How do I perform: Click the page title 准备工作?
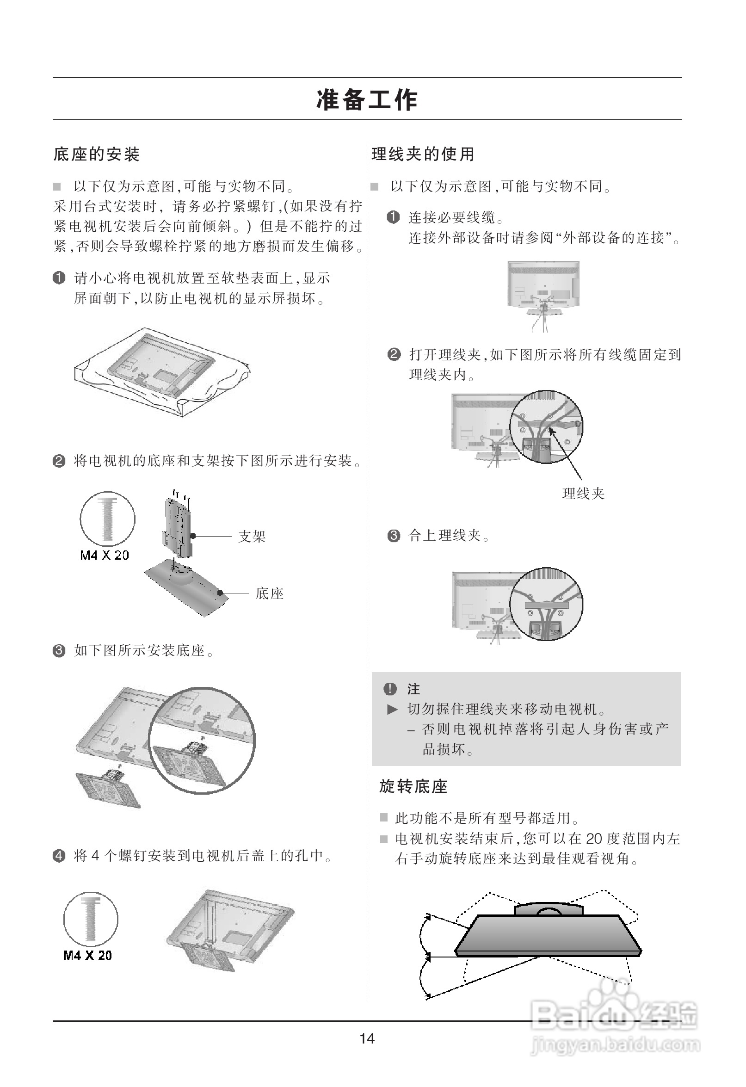pos(367,99)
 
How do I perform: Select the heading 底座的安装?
pos(96,154)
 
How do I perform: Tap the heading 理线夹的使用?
pos(423,154)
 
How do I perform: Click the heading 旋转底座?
pos(413,787)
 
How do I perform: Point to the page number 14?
pos(367,1038)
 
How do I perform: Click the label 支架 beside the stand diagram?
pos(252,537)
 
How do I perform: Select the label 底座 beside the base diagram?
pos(270,594)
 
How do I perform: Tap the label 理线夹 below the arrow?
pos(583,494)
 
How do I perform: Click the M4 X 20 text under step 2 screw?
pos(105,555)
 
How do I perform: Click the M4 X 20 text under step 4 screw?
pos(87,955)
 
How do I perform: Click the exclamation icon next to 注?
pos(389,689)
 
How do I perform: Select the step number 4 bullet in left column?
pos(59,856)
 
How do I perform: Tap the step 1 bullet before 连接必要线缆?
pos(393,217)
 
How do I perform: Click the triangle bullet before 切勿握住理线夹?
pos(392,710)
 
